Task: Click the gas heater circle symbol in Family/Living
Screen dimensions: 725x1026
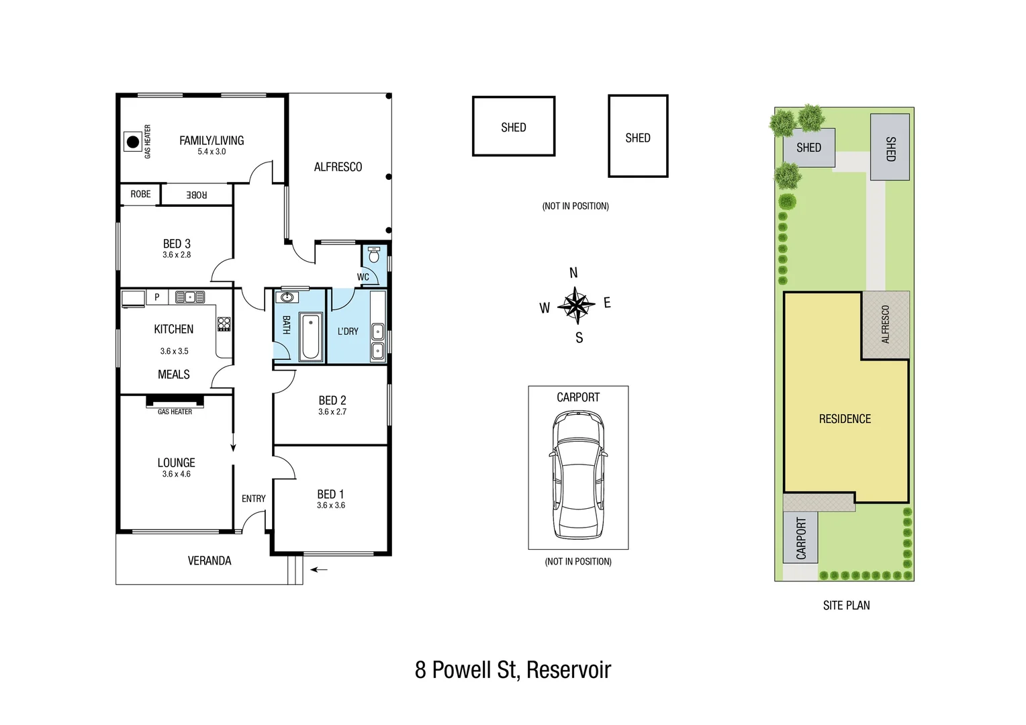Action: pos(133,142)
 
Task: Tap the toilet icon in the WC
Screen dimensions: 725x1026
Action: pos(374,254)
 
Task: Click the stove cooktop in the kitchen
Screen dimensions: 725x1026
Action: pos(224,324)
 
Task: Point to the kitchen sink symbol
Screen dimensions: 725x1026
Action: pos(190,297)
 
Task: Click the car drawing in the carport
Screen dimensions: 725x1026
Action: pos(578,475)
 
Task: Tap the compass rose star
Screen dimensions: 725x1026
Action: pos(576,305)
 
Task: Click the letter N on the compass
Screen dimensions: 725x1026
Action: pos(573,273)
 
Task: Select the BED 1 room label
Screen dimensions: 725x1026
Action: pos(330,494)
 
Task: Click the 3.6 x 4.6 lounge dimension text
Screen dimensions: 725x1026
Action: pos(176,474)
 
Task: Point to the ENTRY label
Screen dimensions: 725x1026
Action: pos(253,499)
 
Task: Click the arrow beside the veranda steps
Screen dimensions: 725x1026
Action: pos(319,570)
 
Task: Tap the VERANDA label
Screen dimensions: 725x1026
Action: pos(209,561)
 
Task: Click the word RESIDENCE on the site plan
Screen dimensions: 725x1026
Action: pos(845,419)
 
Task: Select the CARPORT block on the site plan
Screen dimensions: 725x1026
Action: pos(800,538)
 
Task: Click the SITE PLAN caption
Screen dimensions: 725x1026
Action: pos(846,606)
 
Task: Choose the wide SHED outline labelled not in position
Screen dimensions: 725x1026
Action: pos(514,127)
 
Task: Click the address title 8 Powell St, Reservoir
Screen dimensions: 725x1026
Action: pos(513,670)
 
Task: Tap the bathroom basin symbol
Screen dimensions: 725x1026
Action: pos(287,297)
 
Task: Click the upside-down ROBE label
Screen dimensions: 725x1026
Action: pos(196,195)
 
